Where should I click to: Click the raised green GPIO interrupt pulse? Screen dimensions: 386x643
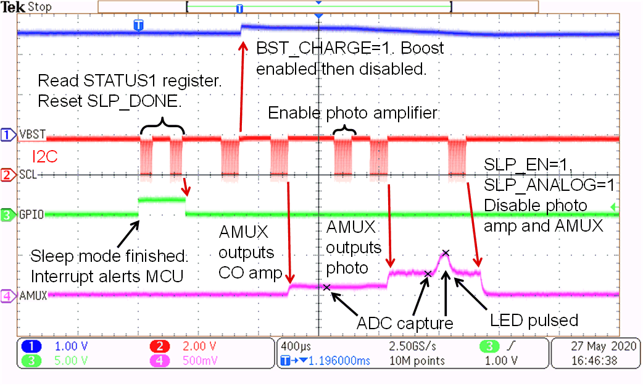click(162, 199)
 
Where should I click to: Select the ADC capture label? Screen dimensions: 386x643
click(405, 323)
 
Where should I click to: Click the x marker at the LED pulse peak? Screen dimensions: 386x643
click(446, 252)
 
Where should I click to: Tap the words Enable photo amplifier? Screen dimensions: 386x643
click(352, 113)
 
